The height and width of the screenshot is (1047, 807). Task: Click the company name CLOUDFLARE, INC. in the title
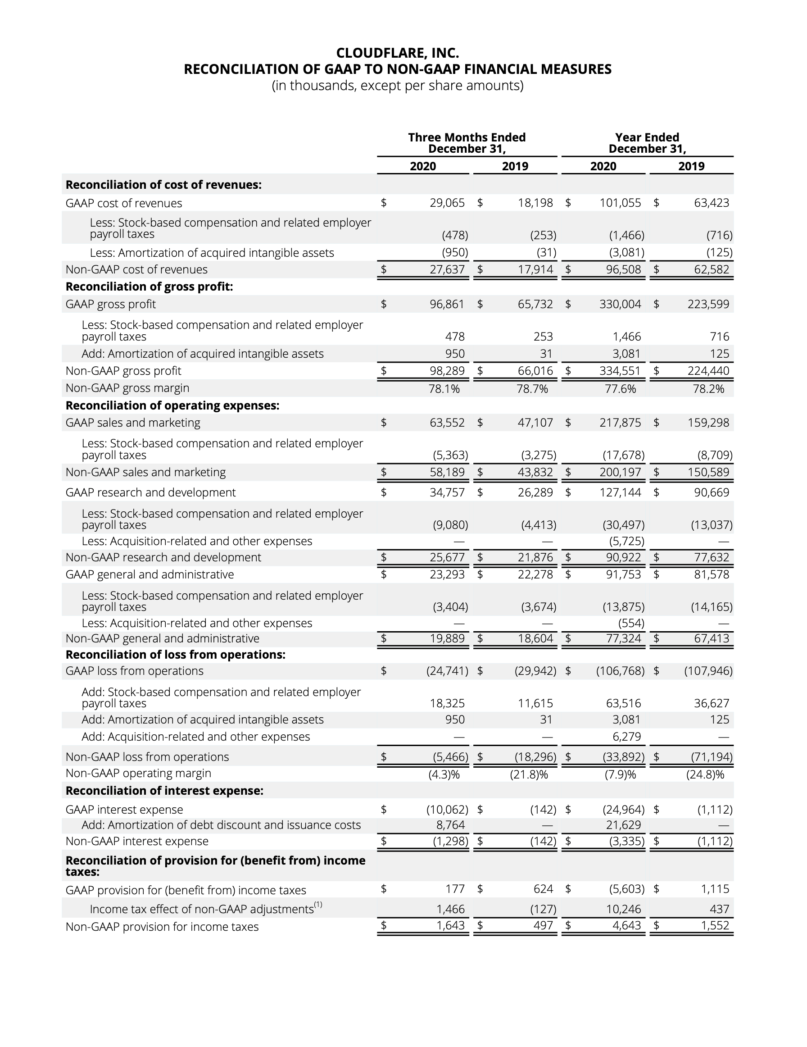pos(397,52)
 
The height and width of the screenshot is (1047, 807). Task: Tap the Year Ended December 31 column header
pos(647,143)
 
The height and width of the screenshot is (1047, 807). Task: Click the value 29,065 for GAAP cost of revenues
pos(447,203)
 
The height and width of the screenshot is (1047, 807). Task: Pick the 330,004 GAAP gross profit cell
pos(620,304)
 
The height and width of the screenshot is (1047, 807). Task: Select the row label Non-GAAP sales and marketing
pos(145,472)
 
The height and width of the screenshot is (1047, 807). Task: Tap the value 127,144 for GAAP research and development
pos(620,492)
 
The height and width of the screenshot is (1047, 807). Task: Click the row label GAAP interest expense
pos(124,809)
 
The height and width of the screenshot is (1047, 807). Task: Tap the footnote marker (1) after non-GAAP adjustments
pos(318,905)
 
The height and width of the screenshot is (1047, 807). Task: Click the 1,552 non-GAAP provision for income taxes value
pos(715,925)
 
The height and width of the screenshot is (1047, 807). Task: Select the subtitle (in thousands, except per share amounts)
pos(397,85)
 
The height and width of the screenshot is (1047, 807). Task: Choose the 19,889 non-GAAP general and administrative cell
pos(447,638)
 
